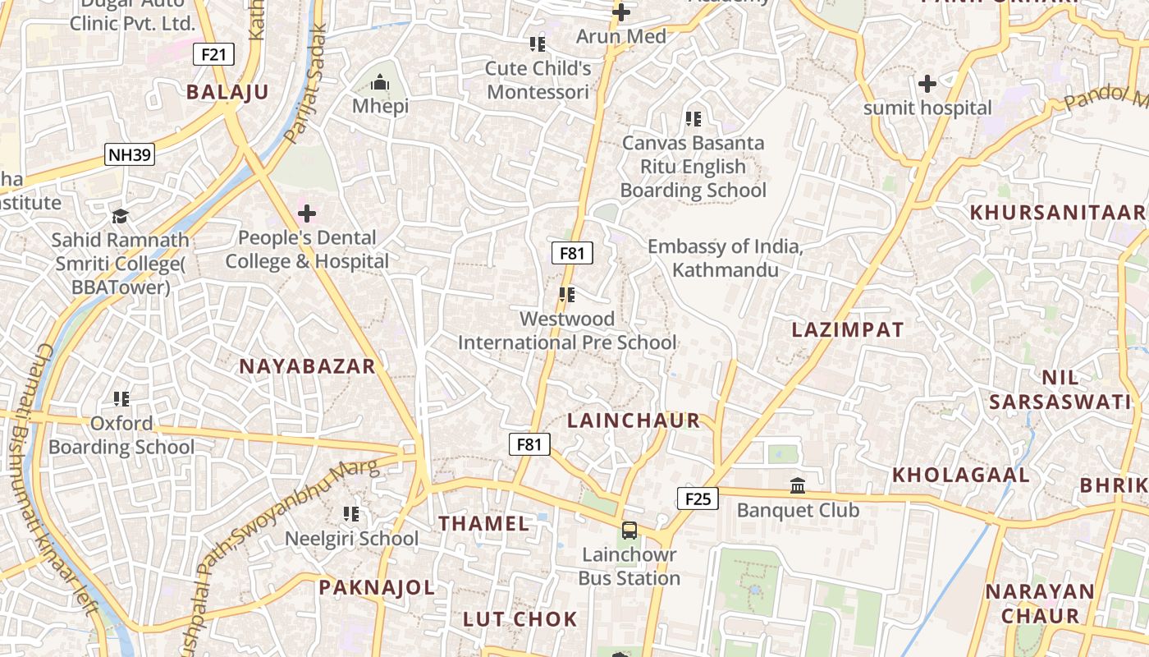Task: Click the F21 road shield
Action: pos(213,55)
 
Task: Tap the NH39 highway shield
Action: pos(130,154)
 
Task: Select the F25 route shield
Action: pos(698,498)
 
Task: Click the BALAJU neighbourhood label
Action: pos(227,92)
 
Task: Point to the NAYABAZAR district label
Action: pos(307,366)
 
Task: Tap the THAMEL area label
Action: pos(483,523)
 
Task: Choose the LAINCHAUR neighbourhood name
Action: pos(634,420)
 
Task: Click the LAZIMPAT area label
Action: pos(848,330)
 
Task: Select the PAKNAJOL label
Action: pos(377,587)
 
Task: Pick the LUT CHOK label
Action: pos(520,619)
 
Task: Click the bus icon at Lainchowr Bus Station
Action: pos(629,531)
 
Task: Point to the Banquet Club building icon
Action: pos(798,486)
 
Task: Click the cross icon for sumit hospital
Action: pos(927,84)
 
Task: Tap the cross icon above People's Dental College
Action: pos(307,214)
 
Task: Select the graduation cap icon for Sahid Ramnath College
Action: pos(121,216)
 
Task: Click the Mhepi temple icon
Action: pos(380,83)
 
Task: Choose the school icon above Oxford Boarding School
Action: pos(121,399)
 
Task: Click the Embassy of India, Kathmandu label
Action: pos(725,258)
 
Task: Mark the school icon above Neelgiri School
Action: pos(351,514)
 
